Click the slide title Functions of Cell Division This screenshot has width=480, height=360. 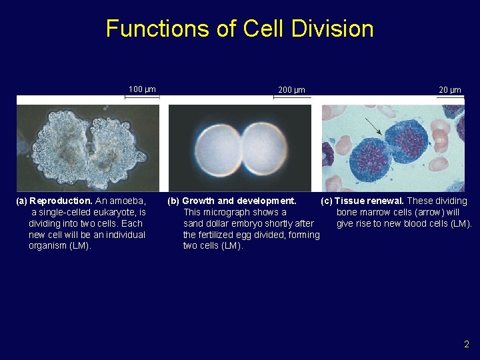pos(239,29)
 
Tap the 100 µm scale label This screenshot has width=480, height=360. pos(142,89)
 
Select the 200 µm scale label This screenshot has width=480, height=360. pos(291,90)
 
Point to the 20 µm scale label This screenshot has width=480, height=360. pos(449,90)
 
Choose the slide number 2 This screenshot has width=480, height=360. pos(467,345)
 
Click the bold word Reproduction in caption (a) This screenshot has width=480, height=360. pos(61,201)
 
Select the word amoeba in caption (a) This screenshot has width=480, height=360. pos(129,201)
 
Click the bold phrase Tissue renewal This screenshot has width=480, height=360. pos(369,201)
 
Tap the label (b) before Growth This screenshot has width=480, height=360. pos(173,201)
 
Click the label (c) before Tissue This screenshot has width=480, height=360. pos(327,201)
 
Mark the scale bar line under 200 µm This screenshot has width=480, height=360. pos(292,97)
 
